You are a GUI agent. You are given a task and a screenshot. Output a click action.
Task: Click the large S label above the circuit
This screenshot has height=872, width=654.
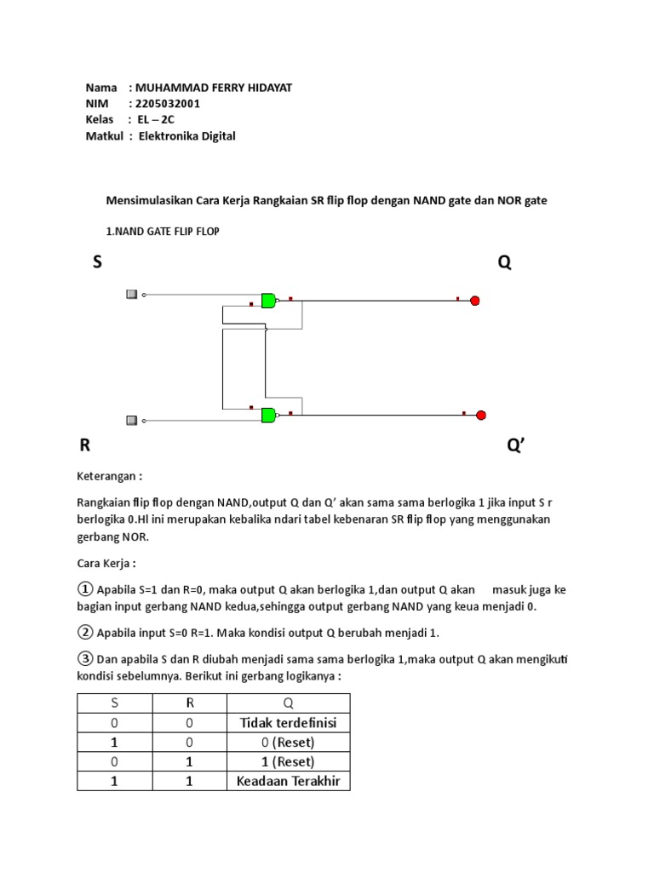97,263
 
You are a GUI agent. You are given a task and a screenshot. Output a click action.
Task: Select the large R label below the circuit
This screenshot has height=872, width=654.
85,445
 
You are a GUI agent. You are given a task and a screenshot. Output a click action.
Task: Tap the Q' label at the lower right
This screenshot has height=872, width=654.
516,445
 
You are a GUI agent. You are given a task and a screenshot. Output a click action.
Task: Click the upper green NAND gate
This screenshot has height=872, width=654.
268,300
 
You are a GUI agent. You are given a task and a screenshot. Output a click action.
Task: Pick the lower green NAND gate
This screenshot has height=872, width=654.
268,415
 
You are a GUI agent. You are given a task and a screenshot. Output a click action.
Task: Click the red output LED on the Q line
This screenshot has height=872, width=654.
475,300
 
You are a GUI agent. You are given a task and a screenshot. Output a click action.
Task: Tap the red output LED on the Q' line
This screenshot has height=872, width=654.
480,415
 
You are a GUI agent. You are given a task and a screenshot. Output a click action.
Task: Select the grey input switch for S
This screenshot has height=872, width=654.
131,295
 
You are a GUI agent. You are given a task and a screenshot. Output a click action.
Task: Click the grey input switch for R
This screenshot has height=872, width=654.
131,420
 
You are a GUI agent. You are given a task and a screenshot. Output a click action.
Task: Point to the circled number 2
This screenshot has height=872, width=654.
85,632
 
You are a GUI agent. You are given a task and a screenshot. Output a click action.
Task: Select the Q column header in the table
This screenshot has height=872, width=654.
288,703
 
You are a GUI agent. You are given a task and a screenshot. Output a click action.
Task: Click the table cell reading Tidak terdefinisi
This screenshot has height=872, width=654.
288,723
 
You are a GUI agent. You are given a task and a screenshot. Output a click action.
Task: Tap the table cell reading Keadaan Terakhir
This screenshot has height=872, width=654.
288,781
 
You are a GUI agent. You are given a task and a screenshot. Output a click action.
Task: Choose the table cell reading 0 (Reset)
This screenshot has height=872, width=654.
288,743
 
